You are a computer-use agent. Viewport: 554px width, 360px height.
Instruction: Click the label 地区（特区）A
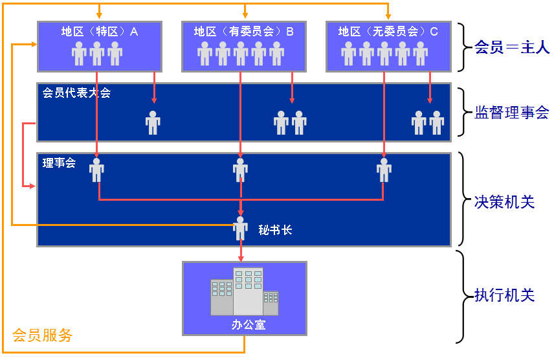(100, 31)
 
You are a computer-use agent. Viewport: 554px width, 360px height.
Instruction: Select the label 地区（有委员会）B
(243, 31)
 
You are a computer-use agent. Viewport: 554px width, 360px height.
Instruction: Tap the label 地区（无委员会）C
(388, 31)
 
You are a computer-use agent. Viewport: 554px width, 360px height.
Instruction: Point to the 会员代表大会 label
(76, 93)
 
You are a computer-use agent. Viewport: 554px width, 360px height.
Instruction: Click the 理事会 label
(59, 163)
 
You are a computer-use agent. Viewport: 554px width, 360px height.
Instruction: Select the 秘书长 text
(275, 230)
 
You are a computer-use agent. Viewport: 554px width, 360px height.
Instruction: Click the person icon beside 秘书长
(241, 227)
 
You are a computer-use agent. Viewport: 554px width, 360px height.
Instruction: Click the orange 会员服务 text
(42, 335)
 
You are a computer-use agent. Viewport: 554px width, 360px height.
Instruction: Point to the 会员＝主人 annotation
(512, 48)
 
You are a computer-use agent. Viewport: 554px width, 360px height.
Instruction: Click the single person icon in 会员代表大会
(153, 122)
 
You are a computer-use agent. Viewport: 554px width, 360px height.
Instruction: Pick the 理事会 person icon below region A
(96, 170)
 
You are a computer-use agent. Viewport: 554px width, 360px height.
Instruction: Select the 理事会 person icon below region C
(384, 170)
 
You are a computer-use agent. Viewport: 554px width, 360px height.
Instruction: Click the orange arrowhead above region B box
(244, 16)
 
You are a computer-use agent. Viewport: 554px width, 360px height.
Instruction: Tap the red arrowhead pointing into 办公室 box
(241, 257)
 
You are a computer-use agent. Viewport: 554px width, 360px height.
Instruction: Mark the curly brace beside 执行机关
(460, 296)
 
